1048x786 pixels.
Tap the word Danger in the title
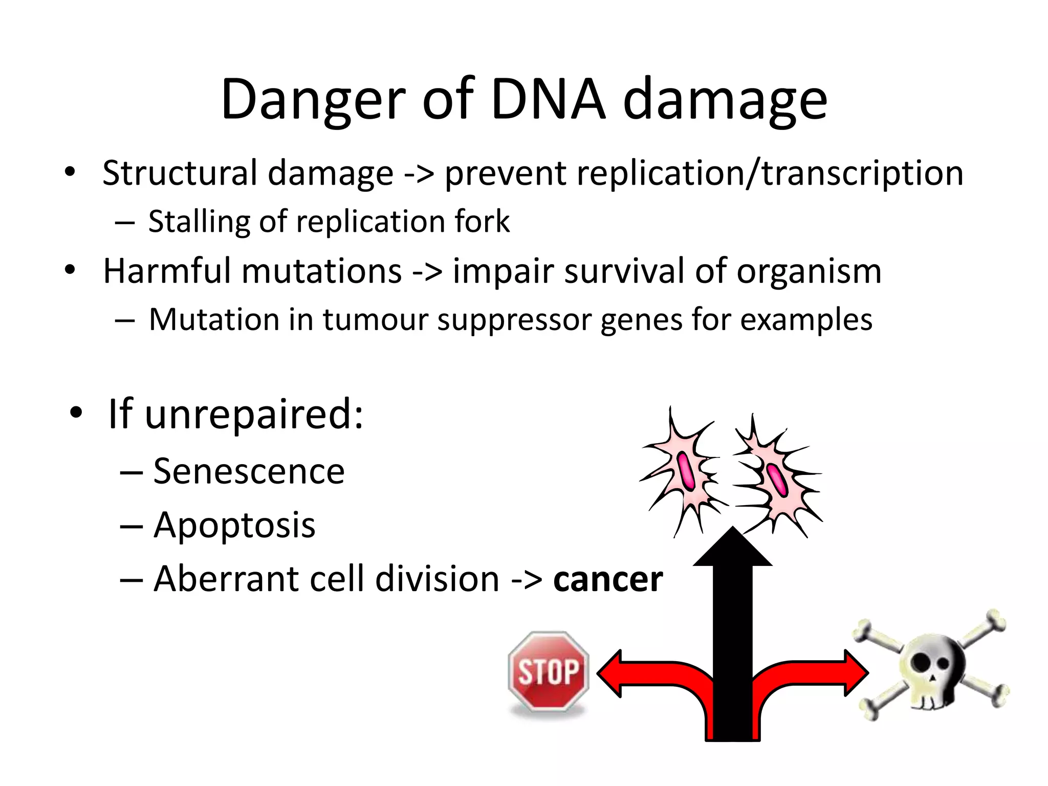click(x=313, y=100)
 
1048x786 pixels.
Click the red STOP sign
click(x=549, y=671)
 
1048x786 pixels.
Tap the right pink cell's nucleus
click(x=776, y=479)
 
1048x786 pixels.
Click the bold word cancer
click(x=608, y=579)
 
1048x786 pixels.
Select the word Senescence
click(x=249, y=471)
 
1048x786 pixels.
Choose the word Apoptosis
click(x=234, y=526)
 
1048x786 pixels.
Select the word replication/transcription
click(x=704, y=173)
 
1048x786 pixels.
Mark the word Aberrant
click(x=225, y=579)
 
